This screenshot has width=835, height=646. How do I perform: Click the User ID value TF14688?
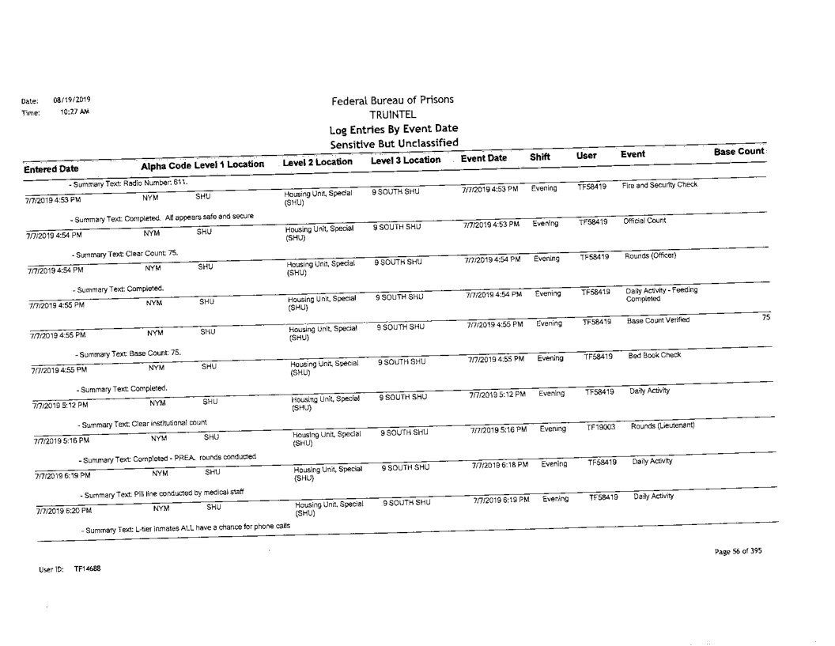[x=88, y=568]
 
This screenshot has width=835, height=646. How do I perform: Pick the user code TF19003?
[x=602, y=428]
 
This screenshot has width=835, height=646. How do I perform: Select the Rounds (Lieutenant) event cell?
[x=662, y=427]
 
